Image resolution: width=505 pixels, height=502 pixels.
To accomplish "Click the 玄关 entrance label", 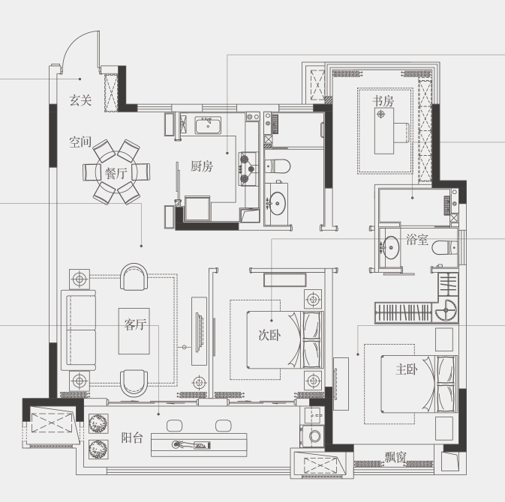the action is (x=80, y=100).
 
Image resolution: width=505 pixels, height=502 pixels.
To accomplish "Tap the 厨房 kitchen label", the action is (x=202, y=166).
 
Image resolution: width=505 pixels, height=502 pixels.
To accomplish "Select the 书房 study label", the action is (x=383, y=101).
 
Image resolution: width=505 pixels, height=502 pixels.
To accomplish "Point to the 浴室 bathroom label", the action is (x=417, y=239).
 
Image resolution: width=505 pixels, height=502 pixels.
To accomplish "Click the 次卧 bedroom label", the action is (x=269, y=335).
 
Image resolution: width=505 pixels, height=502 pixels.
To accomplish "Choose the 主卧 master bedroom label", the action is (x=407, y=369).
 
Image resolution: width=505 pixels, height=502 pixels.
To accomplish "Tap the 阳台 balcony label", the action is (x=132, y=438).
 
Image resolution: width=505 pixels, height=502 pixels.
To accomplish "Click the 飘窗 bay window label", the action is (x=395, y=457).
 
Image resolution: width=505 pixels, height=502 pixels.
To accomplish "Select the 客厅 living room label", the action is (x=135, y=324).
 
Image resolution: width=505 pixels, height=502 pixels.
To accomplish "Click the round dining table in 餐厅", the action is (x=116, y=172).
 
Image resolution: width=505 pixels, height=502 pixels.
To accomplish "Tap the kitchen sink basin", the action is (x=208, y=125).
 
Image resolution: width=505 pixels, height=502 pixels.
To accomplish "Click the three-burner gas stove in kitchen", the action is (x=248, y=169).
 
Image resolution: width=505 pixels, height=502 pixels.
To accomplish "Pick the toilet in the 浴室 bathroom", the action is (x=444, y=248).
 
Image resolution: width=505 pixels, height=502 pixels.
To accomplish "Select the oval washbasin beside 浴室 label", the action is (x=390, y=247).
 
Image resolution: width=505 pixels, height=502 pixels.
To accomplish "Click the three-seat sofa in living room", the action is (x=78, y=330).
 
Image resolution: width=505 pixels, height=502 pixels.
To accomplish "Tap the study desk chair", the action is (x=401, y=133).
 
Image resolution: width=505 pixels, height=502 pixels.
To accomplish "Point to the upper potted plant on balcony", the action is (x=98, y=423).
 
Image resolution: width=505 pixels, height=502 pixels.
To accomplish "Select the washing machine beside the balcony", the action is (x=311, y=436).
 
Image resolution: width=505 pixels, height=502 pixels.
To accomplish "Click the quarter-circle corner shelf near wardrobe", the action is (x=446, y=310).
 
